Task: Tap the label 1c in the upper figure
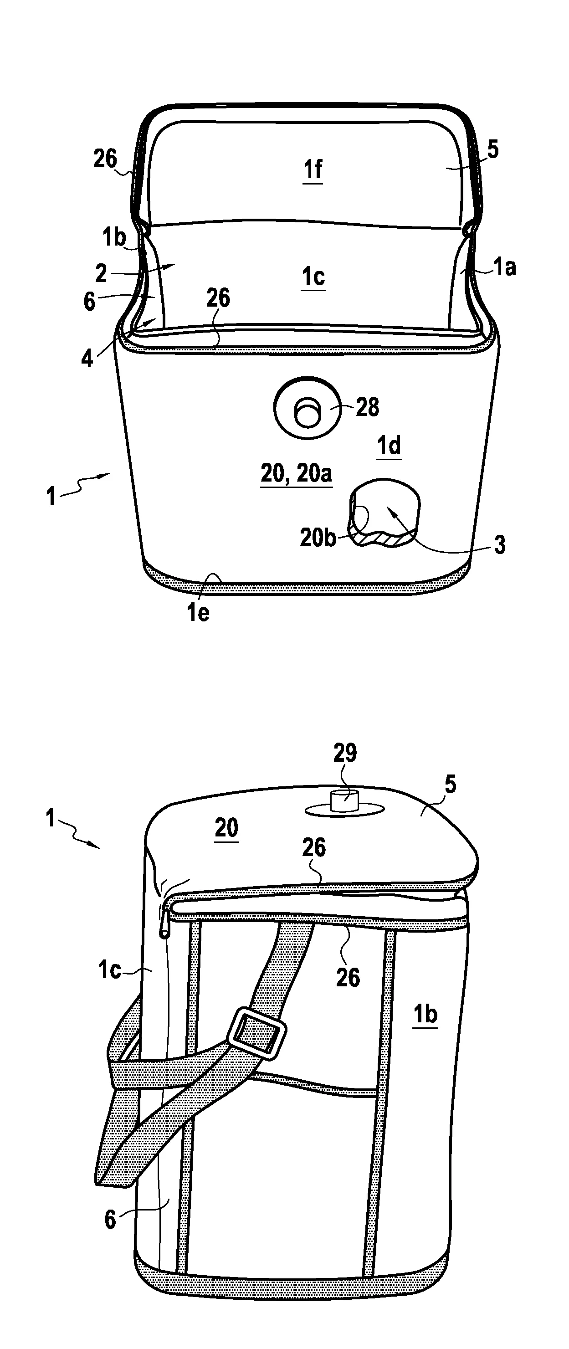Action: [x=313, y=277]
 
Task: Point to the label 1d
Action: [x=390, y=446]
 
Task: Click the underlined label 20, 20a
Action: [x=296, y=474]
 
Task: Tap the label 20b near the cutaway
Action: [x=318, y=537]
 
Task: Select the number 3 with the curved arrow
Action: [x=500, y=546]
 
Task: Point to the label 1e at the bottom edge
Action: [x=198, y=613]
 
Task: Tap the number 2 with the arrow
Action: [x=101, y=273]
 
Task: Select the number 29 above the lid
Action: [x=345, y=753]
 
